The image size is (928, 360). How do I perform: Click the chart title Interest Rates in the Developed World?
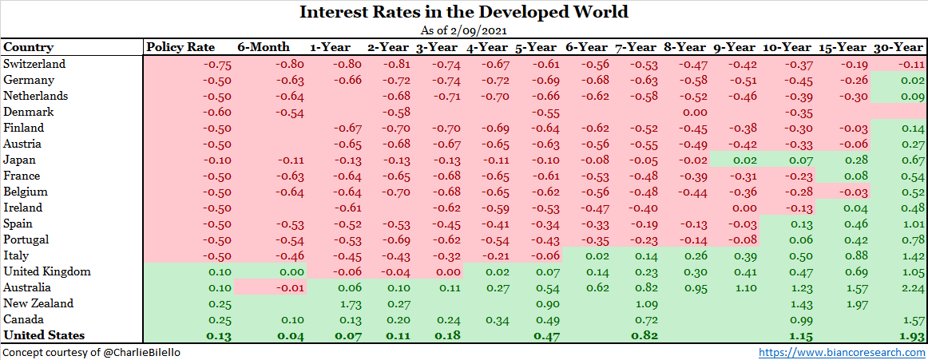tap(464, 12)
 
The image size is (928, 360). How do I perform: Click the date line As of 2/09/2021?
tap(464, 30)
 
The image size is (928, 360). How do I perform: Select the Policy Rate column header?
tap(181, 47)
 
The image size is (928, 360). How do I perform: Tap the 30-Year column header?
tap(899, 47)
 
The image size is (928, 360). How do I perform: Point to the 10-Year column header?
tap(789, 47)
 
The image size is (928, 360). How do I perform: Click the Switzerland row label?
tap(35, 64)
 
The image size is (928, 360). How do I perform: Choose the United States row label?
tap(44, 335)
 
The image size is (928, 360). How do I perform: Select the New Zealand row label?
tap(38, 303)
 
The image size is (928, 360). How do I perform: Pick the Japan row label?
tap(21, 160)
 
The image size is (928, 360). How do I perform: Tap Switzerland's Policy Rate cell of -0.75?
tap(217, 65)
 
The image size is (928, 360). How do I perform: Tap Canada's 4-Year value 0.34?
tap(497, 319)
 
